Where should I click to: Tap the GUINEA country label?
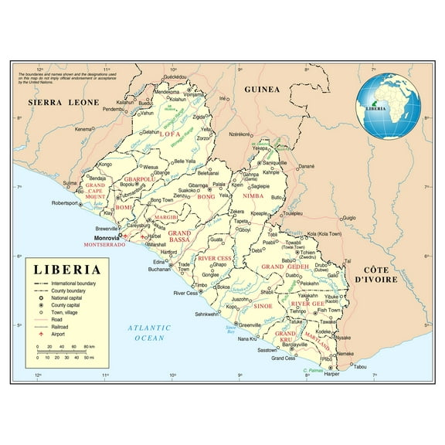coord(261,90)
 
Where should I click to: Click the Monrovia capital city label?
coord(107,236)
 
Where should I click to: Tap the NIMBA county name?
coord(253,197)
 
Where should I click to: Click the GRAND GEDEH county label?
coord(284,266)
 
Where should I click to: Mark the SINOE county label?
coord(262,306)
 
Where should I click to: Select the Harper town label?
coord(332,373)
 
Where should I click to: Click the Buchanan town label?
coord(158,270)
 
